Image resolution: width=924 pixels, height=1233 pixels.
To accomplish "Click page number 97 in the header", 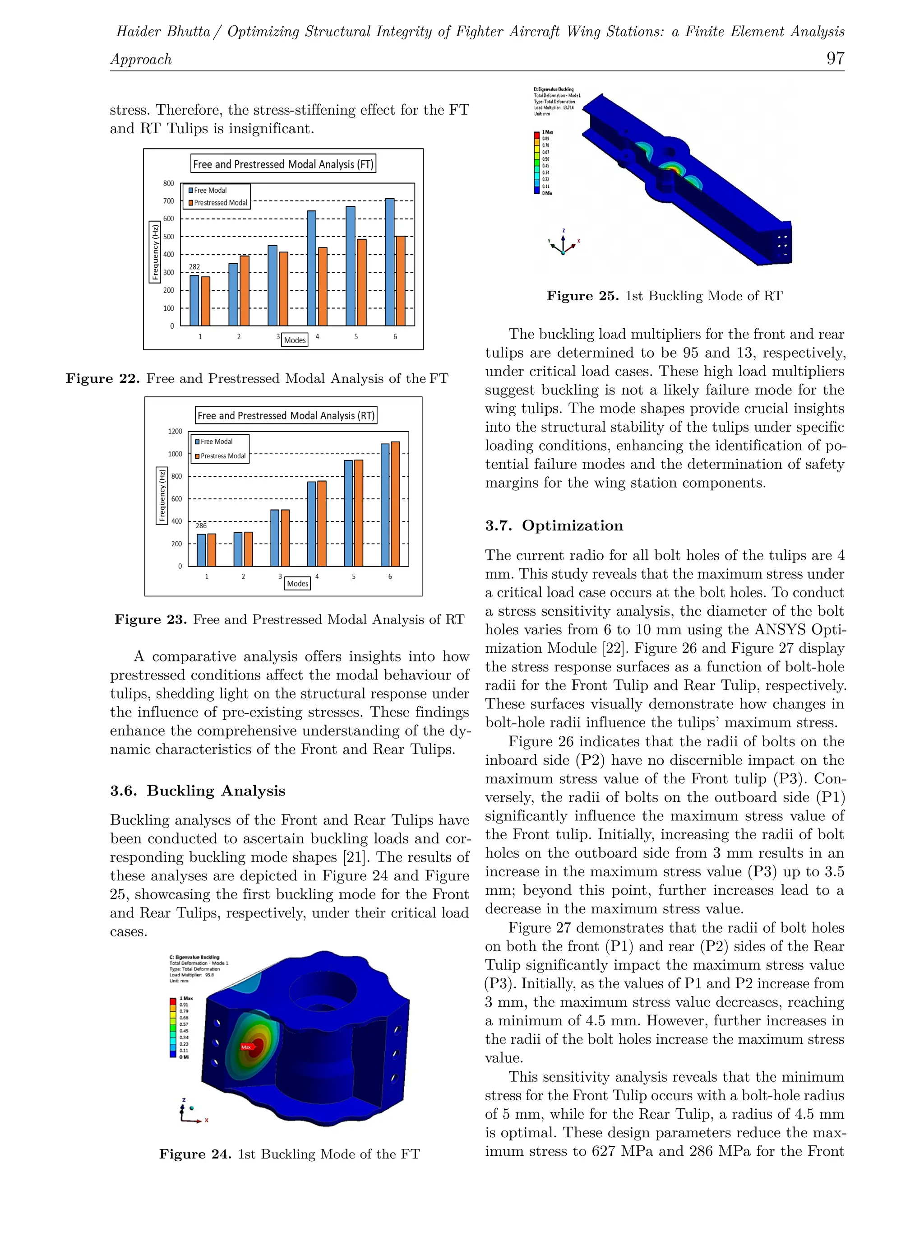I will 835,59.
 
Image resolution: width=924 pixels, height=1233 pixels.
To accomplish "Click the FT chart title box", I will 283,164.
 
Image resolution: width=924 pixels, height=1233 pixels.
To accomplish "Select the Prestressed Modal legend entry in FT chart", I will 218,203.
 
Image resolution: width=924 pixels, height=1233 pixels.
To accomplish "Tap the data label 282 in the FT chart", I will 194,267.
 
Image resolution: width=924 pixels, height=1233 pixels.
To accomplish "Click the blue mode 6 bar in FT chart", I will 390,262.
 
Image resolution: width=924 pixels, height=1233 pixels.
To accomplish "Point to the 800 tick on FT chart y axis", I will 168,183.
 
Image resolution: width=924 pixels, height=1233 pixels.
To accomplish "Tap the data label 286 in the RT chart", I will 201,526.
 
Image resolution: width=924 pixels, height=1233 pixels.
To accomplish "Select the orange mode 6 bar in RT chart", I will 395,504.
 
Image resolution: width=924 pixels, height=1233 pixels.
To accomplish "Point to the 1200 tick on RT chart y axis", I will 175,432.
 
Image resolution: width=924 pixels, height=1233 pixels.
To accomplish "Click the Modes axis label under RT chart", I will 297,584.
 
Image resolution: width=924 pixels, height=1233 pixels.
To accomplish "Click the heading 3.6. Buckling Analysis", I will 197,791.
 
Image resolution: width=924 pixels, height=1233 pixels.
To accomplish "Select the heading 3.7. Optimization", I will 554,526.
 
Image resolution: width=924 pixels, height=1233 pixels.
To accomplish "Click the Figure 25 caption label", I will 582,296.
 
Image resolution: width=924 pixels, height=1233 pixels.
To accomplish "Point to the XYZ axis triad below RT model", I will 563,244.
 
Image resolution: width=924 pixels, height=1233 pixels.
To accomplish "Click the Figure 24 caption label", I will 195,1154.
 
